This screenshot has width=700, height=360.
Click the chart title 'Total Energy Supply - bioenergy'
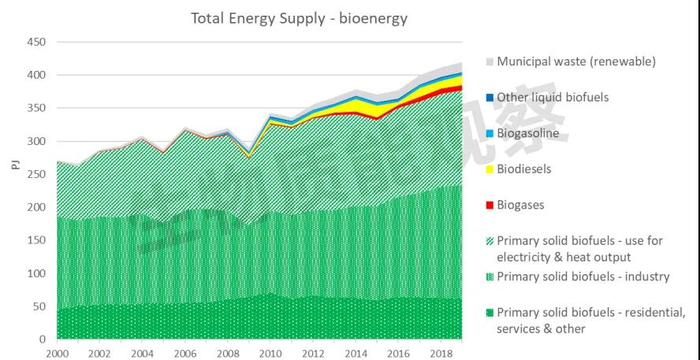pos(299,17)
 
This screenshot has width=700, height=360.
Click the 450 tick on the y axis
pos(36,42)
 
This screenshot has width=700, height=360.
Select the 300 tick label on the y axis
pos(36,141)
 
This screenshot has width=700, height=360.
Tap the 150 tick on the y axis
pos(36,240)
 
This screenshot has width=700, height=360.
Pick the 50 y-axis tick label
pos(39,306)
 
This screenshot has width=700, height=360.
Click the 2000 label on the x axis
pos(58,351)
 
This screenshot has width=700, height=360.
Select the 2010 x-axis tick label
pos(270,351)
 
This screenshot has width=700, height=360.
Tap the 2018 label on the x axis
pos(441,351)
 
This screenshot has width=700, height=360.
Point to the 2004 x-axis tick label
pos(143,351)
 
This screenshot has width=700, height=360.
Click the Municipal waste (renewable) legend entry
pos(575,61)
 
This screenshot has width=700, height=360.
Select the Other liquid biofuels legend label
pos(552,98)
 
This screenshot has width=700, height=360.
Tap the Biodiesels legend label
pos(523,169)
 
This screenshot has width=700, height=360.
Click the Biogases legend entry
pos(520,205)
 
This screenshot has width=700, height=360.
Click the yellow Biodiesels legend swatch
pos(490,169)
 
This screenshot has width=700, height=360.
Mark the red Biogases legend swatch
pos(490,206)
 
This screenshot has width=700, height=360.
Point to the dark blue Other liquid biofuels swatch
pos(490,98)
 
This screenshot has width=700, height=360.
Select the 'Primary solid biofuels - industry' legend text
pos(583,276)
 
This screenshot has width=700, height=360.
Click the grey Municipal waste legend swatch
pos(490,61)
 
